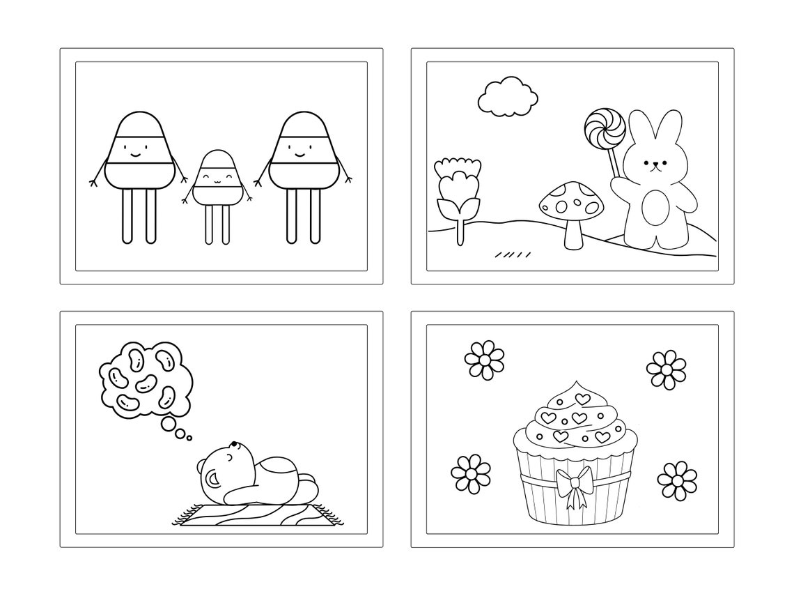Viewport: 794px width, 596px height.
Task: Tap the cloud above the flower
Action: pos(508,97)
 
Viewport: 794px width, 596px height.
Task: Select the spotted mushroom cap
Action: pos(569,201)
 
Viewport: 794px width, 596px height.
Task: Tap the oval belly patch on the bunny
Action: pos(655,207)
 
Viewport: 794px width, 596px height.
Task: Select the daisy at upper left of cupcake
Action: pos(483,360)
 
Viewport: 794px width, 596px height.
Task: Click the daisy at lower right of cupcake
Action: pos(676,479)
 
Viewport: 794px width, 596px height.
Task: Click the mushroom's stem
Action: pos(573,231)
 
